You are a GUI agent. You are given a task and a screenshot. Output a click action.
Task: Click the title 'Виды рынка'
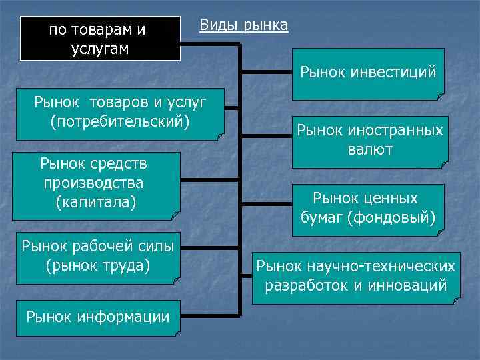[x=244, y=26]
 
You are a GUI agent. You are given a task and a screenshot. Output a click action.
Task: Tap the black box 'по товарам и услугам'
[x=100, y=39]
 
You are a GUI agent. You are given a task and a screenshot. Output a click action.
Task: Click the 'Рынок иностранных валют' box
[x=370, y=139]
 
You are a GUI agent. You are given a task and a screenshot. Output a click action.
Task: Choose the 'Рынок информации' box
[x=98, y=316]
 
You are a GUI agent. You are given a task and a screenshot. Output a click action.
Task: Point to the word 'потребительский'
[x=120, y=122]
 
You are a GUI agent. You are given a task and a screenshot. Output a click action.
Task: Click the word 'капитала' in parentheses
[x=97, y=201]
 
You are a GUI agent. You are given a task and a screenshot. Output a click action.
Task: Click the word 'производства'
[x=93, y=181]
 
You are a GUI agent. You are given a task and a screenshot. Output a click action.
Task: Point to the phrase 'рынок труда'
[x=98, y=265]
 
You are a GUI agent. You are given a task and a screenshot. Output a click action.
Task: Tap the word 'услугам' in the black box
[x=101, y=49]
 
